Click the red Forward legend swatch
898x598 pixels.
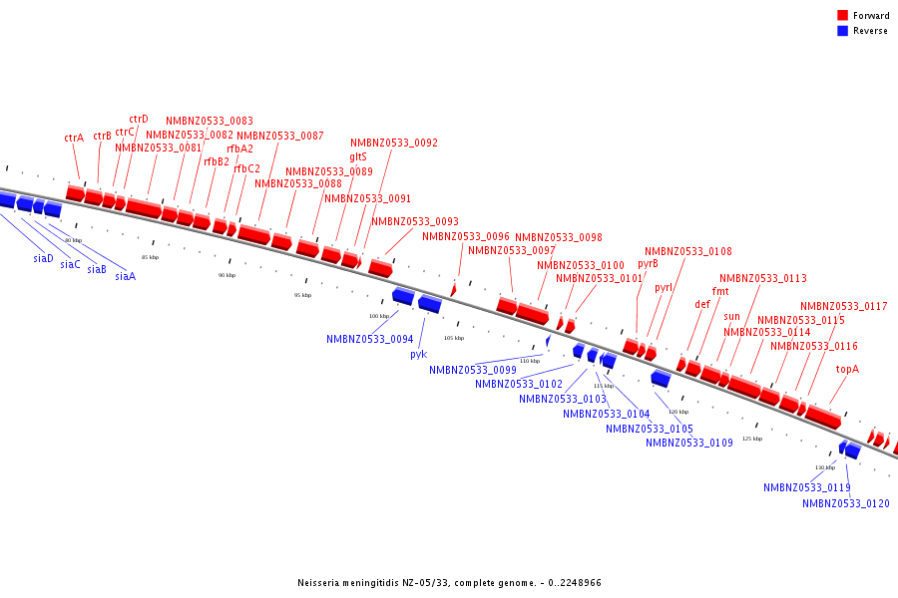click(x=843, y=16)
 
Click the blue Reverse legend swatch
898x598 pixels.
click(x=843, y=31)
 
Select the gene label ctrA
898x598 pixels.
click(x=74, y=138)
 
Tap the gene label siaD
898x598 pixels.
click(x=43, y=258)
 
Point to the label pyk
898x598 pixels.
click(x=419, y=354)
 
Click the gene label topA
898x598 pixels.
click(x=847, y=369)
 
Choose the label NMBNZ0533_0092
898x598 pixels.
click(x=393, y=143)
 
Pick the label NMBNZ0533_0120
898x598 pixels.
click(x=845, y=503)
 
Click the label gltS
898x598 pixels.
click(x=358, y=156)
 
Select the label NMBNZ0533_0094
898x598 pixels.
click(x=369, y=339)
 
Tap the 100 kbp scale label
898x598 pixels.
click(x=379, y=316)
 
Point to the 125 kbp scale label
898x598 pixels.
click(x=751, y=439)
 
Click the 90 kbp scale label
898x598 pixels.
click(x=226, y=275)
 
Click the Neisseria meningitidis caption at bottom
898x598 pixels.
click(x=449, y=582)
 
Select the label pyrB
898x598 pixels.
click(x=649, y=264)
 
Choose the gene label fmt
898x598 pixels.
click(x=720, y=291)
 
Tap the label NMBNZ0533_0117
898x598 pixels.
click(x=843, y=306)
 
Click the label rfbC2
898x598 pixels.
click(x=246, y=168)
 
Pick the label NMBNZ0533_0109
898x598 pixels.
click(x=688, y=443)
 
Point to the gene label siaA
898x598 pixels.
click(x=125, y=276)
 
